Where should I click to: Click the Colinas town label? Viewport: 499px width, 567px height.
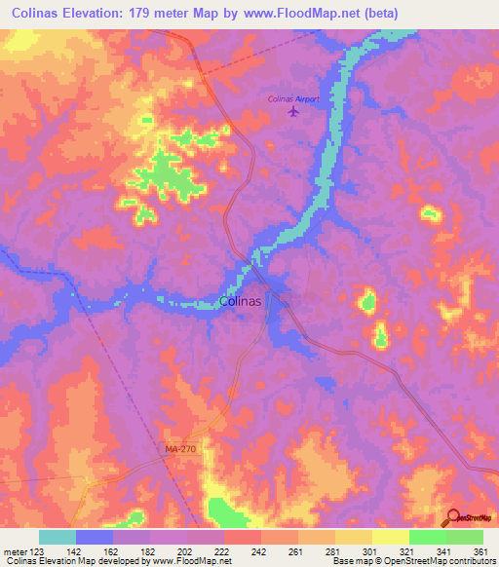240,301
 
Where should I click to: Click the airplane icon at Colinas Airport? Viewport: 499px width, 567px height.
294,113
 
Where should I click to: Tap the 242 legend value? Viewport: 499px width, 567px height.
259,551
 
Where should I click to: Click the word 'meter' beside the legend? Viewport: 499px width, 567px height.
14,551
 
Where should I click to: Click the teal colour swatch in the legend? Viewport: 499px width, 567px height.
57,537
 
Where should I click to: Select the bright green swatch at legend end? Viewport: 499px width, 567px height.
465,537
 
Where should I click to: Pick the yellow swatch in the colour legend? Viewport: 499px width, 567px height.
391,537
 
